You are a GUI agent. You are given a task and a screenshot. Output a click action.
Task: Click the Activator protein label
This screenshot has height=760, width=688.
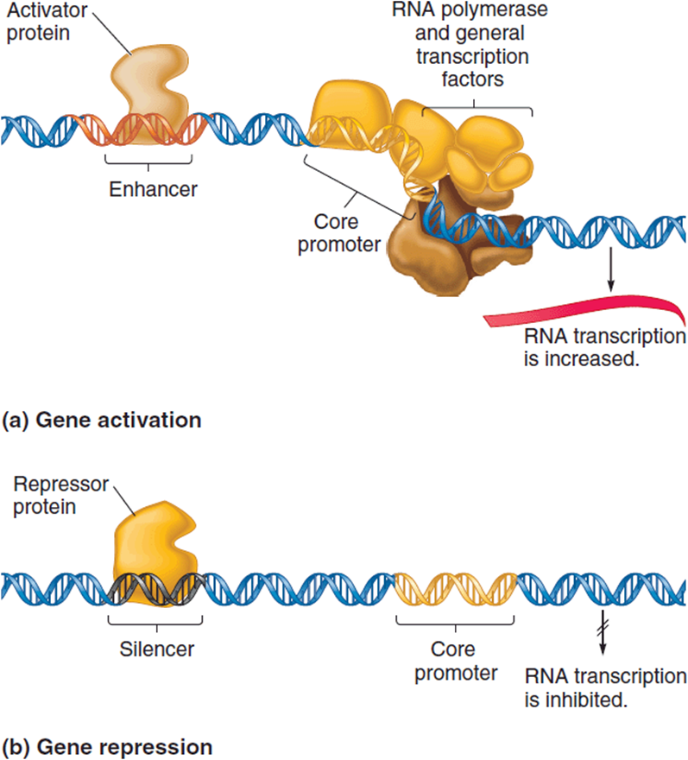(47, 22)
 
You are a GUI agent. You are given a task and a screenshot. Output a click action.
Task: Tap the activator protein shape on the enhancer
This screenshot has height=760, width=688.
(149, 92)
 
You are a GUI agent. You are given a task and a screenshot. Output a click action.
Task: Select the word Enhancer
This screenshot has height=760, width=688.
(153, 189)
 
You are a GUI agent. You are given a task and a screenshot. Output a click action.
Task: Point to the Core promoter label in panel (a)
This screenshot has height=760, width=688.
(339, 233)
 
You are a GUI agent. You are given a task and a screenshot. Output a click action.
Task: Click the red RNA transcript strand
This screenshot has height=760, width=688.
(584, 311)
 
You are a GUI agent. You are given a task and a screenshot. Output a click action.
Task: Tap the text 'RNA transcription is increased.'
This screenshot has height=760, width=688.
(605, 347)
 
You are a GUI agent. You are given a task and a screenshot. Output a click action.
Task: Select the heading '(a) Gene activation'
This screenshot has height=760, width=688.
(102, 420)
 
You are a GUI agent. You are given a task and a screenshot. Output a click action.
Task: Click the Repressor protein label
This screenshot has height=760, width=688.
(60, 496)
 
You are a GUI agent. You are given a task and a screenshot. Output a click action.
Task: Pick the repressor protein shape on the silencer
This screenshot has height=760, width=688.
(155, 552)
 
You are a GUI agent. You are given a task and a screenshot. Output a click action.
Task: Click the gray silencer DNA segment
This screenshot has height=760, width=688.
(156, 588)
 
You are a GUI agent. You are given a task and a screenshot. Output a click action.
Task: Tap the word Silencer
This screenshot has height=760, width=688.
(157, 649)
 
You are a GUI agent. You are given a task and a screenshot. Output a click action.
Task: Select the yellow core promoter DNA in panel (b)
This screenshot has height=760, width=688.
(456, 589)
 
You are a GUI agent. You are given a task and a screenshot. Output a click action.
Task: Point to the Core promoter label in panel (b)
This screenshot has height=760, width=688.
(456, 662)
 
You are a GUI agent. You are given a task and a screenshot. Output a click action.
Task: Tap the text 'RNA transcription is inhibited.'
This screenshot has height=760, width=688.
(606, 687)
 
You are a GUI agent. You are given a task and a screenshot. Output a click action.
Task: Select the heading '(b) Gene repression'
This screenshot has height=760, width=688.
(107, 747)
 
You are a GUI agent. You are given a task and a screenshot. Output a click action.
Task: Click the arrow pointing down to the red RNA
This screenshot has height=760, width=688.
(610, 269)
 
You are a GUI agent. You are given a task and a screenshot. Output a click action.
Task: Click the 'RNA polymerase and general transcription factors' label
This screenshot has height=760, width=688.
(470, 45)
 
